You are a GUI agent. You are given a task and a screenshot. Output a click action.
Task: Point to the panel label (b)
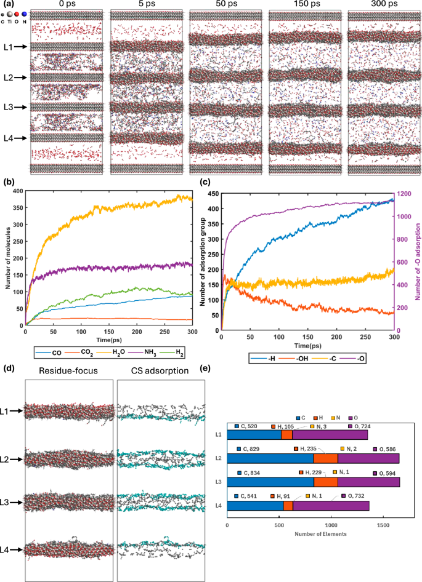click(x=7, y=181)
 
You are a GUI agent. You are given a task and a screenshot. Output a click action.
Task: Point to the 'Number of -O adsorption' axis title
click(x=417, y=263)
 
